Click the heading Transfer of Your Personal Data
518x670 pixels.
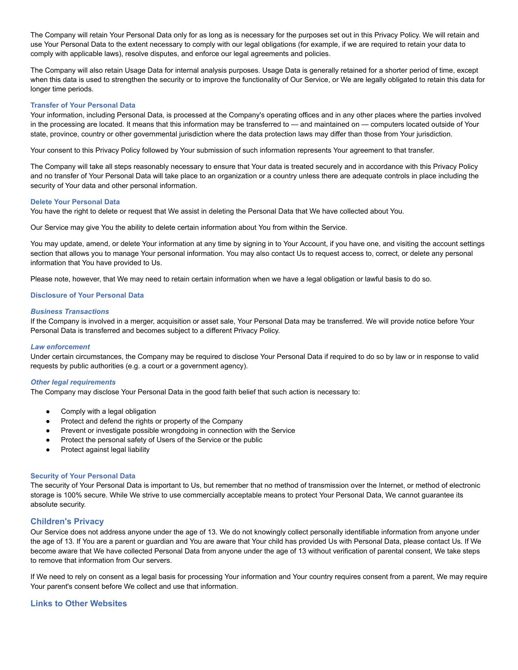coord(83,105)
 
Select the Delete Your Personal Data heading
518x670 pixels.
coord(75,202)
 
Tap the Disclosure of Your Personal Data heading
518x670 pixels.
coord(87,295)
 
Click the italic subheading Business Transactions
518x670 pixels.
coord(69,311)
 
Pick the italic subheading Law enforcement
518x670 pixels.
coord(60,347)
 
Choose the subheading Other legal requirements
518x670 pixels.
coord(73,382)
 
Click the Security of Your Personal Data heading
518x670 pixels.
coord(83,476)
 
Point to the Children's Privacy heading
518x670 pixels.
coord(67,521)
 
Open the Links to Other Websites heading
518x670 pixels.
coord(78,603)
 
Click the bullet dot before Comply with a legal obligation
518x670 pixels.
coord(48,412)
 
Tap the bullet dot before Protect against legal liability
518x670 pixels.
coord(48,450)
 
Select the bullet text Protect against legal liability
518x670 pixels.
coord(105,450)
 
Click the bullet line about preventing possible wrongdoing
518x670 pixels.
coord(178,430)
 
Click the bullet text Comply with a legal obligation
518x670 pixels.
coord(108,411)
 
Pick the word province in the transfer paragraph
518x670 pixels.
coord(62,134)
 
